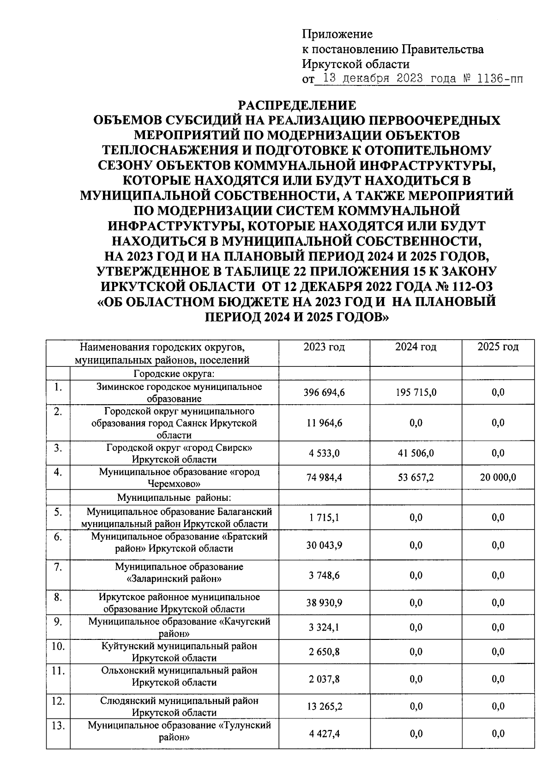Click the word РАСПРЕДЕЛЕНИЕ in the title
[297, 105]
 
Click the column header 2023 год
[324, 347]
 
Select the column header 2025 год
[498, 347]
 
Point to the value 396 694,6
[324, 393]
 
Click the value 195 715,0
[416, 393]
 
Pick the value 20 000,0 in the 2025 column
[498, 478]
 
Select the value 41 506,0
[416, 454]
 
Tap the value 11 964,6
[324, 423]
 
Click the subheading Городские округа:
[175, 373]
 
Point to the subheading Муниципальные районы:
[174, 498]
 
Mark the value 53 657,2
[416, 478]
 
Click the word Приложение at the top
[337, 34]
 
